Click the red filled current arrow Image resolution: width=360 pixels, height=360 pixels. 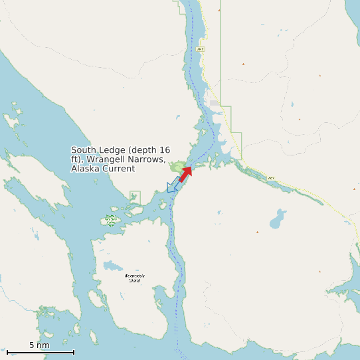click(185, 173)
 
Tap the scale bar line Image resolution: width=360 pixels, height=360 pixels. click(40, 352)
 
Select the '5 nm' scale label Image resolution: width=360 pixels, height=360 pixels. click(39, 345)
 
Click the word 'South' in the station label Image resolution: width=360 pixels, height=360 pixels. click(84, 150)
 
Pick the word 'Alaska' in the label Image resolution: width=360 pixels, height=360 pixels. click(85, 169)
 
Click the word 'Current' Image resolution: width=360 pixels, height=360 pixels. click(118, 169)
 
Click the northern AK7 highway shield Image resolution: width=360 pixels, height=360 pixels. click(201, 49)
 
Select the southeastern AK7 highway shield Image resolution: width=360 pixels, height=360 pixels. click(270, 178)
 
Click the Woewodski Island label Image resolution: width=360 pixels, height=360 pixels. click(135, 278)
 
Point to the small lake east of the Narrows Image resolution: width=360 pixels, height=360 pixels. click(278, 217)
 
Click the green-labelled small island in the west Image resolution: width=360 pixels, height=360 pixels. click(110, 220)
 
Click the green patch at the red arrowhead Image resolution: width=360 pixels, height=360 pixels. click(178, 167)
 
